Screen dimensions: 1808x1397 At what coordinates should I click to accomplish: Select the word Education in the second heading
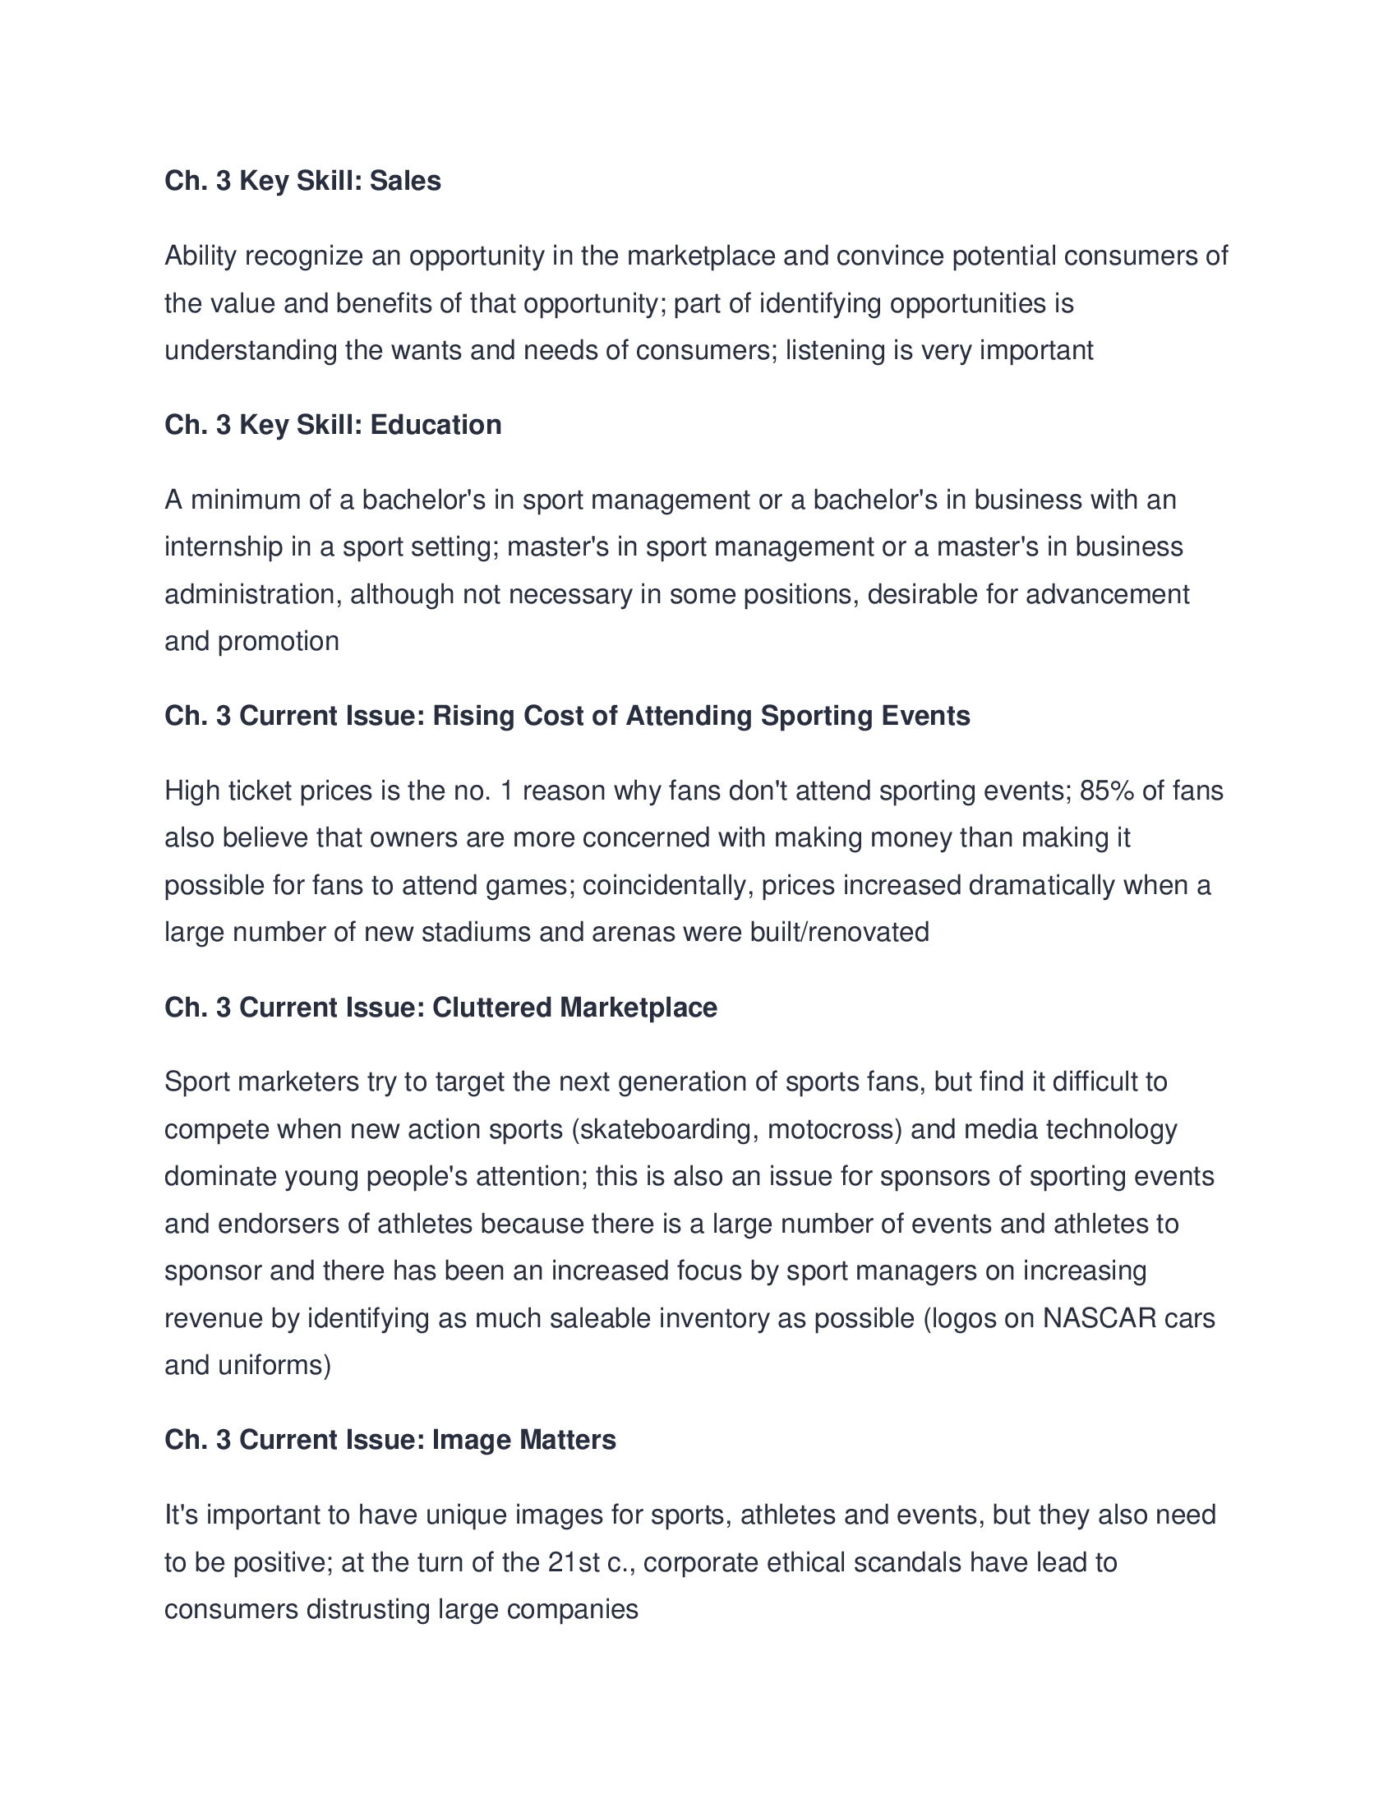pos(436,425)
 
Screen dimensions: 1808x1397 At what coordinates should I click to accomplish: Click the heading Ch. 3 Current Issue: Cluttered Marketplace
pos(440,1008)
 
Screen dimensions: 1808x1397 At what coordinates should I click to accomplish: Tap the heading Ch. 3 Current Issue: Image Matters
pos(390,1440)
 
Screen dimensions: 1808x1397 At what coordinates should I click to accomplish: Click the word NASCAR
pos(1099,1318)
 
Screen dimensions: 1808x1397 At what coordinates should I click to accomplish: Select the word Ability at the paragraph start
pos(201,256)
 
